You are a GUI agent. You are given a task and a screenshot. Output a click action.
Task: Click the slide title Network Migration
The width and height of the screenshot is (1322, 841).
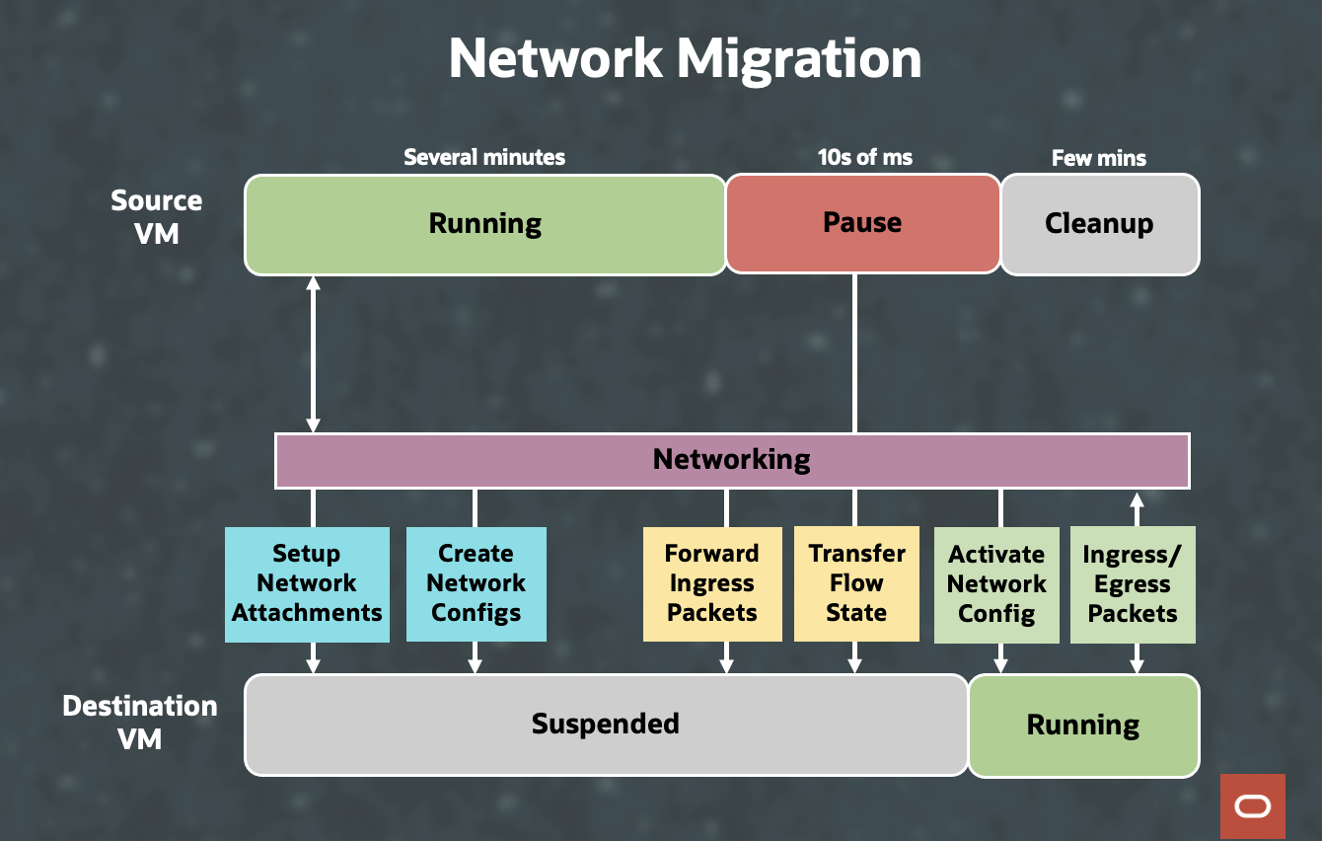tap(685, 59)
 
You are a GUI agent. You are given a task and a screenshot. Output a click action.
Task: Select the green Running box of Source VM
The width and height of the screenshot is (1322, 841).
tap(484, 224)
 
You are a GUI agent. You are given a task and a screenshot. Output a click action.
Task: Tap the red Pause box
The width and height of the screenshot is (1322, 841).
tap(862, 224)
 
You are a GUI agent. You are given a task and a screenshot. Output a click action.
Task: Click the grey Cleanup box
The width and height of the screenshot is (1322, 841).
tap(1099, 224)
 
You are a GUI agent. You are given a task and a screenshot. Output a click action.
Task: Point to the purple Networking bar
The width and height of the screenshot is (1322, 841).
tap(731, 460)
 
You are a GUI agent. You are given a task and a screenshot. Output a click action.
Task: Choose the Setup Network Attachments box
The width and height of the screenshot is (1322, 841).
tap(307, 583)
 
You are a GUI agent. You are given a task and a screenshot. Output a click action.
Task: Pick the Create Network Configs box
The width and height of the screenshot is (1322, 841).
tap(476, 583)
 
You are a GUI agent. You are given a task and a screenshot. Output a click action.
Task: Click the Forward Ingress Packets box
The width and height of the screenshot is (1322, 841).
tap(711, 583)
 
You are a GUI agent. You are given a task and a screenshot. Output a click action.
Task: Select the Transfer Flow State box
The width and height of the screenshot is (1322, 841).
tap(856, 583)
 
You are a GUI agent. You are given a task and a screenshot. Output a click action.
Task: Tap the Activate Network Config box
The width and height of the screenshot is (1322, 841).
tap(995, 584)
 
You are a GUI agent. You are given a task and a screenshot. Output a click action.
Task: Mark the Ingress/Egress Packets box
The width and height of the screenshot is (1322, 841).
tap(1132, 584)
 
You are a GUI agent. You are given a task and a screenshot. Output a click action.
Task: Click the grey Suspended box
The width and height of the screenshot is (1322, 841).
tap(605, 725)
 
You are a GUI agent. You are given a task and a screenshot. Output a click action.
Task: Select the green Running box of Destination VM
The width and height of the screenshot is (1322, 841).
tap(1082, 726)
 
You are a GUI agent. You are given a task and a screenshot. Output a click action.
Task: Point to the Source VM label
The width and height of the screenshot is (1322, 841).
tap(156, 216)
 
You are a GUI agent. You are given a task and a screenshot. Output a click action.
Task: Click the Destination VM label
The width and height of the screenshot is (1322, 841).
tap(139, 722)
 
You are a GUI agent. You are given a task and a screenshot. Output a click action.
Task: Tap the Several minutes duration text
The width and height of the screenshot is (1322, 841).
tap(484, 157)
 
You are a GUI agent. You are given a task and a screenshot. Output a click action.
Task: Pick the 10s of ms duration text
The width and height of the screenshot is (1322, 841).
tap(864, 157)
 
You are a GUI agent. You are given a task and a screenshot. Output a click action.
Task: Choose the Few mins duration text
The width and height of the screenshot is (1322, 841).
tap(1098, 158)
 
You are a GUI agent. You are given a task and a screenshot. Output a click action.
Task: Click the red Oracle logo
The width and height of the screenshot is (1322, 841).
tap(1252, 806)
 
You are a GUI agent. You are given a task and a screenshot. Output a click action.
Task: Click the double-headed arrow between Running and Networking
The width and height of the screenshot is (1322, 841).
tap(314, 353)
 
